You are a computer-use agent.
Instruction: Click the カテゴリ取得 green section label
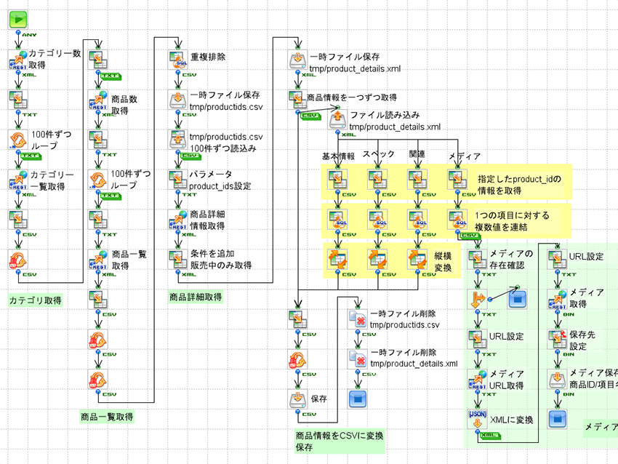(35, 300)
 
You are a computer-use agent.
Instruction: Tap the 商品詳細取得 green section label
(196, 297)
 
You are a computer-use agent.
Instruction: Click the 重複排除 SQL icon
(178, 59)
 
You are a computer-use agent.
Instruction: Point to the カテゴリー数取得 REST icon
(18, 59)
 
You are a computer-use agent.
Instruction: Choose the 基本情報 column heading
(338, 156)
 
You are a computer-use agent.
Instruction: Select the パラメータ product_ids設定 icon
(178, 178)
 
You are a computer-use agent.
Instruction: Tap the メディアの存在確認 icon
(477, 258)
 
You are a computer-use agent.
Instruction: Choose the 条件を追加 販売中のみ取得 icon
(178, 258)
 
